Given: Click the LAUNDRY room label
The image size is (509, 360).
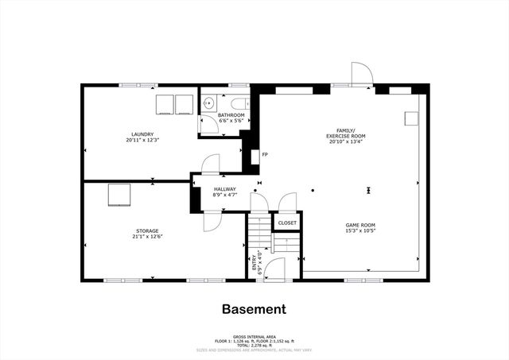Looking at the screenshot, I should (142, 134).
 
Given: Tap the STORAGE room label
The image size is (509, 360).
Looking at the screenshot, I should (146, 230).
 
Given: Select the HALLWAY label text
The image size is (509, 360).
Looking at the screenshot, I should (225, 188).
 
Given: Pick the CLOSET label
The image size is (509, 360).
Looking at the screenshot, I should (287, 223).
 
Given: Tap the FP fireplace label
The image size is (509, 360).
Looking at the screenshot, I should (265, 154).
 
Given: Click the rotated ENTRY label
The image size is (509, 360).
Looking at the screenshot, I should (255, 262).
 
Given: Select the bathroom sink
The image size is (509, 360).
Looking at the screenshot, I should (208, 103).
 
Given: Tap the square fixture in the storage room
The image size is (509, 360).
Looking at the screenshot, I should (119, 193).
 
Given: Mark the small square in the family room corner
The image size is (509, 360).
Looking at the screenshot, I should (411, 117).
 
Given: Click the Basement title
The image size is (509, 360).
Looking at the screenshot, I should (254, 309).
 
